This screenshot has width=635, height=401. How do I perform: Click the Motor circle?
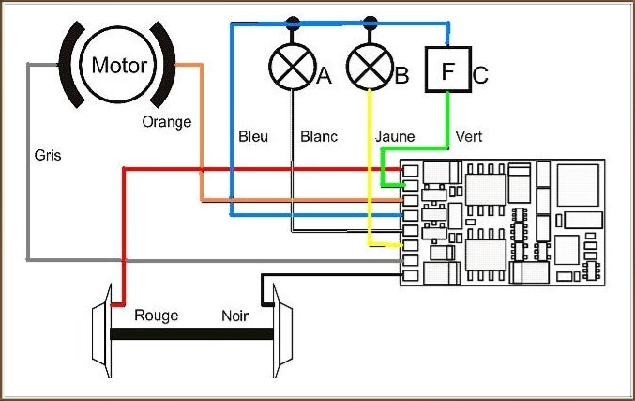(x=119, y=66)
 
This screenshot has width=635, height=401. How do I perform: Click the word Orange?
(x=166, y=121)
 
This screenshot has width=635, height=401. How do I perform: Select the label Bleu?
(x=253, y=137)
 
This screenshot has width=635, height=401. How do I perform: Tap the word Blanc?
(x=319, y=137)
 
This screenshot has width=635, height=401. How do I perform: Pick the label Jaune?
(x=395, y=137)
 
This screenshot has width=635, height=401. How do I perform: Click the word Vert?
(x=469, y=137)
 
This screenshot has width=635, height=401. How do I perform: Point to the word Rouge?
(x=156, y=316)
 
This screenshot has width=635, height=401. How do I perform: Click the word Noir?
(x=234, y=316)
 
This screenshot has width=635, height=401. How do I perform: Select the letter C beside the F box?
(x=480, y=75)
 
